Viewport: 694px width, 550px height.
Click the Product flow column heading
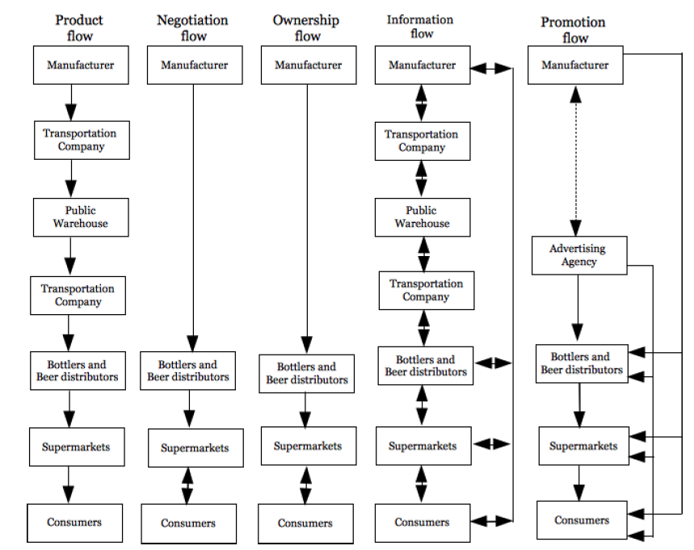tap(79, 28)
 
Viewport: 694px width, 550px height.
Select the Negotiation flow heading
tap(192, 28)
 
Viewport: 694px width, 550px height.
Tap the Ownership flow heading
tap(306, 28)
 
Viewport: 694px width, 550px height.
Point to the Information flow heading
tap(420, 27)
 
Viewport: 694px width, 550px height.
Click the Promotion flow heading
tap(574, 30)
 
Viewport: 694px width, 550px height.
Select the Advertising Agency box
tap(579, 255)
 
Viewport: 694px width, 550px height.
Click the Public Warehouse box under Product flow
tap(81, 217)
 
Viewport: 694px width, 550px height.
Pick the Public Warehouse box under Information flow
tap(423, 217)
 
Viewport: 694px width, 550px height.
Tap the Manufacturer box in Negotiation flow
tap(195, 65)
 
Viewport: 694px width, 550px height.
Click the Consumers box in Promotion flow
tap(582, 520)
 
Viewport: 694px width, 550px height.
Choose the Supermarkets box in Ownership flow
tap(309, 446)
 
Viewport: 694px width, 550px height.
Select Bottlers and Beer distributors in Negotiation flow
tap(187, 371)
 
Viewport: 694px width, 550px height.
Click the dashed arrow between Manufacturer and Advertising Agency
tap(575, 161)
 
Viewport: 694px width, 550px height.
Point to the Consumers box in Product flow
tap(74, 523)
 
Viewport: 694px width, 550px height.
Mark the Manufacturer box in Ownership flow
tap(309, 65)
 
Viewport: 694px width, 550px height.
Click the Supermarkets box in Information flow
tap(423, 446)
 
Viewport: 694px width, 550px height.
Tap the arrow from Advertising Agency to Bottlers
tap(578, 308)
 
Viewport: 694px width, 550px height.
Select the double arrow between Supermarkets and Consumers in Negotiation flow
tap(187, 486)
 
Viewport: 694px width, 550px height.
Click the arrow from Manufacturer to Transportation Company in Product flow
tap(71, 103)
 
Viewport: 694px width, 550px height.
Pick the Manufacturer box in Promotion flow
tap(575, 65)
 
